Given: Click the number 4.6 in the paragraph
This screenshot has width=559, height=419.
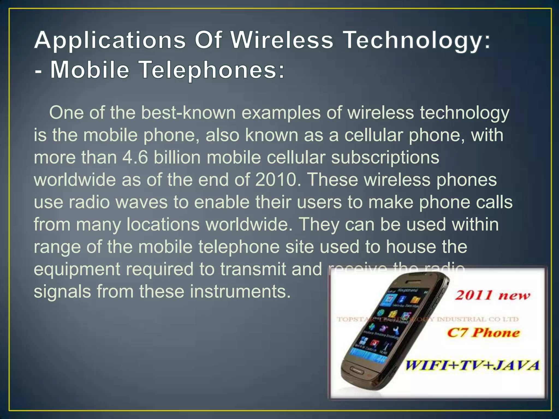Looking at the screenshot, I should tap(135, 158).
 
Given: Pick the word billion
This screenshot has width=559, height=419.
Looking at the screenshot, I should tap(177, 158).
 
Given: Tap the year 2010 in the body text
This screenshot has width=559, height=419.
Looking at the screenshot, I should tap(276, 180).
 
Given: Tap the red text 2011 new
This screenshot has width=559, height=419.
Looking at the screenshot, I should tap(493, 295).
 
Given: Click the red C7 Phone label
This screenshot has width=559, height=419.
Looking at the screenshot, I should tap(483, 333).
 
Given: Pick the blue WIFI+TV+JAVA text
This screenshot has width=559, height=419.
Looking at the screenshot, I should tap(472, 365).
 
